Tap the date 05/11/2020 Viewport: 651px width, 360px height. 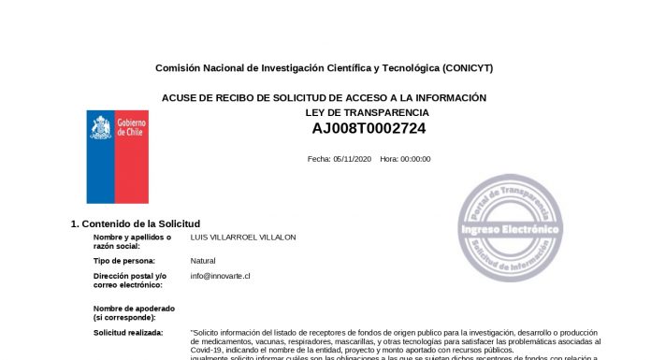click(x=353, y=159)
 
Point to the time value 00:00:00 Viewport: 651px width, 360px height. click(x=415, y=159)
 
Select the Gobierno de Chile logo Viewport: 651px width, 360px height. click(x=118, y=156)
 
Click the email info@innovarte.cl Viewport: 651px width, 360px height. click(x=220, y=276)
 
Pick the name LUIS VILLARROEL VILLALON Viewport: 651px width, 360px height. click(x=242, y=238)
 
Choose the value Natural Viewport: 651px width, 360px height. click(x=202, y=261)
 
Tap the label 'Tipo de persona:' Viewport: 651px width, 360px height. click(x=124, y=261)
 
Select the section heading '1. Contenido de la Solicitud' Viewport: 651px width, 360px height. click(x=136, y=223)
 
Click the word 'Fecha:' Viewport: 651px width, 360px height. click(x=319, y=159)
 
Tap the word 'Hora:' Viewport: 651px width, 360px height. click(x=389, y=159)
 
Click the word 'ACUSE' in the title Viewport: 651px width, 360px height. click(x=179, y=97)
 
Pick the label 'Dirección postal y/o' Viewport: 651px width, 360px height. click(x=129, y=276)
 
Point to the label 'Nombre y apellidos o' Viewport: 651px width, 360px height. click(x=132, y=238)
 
